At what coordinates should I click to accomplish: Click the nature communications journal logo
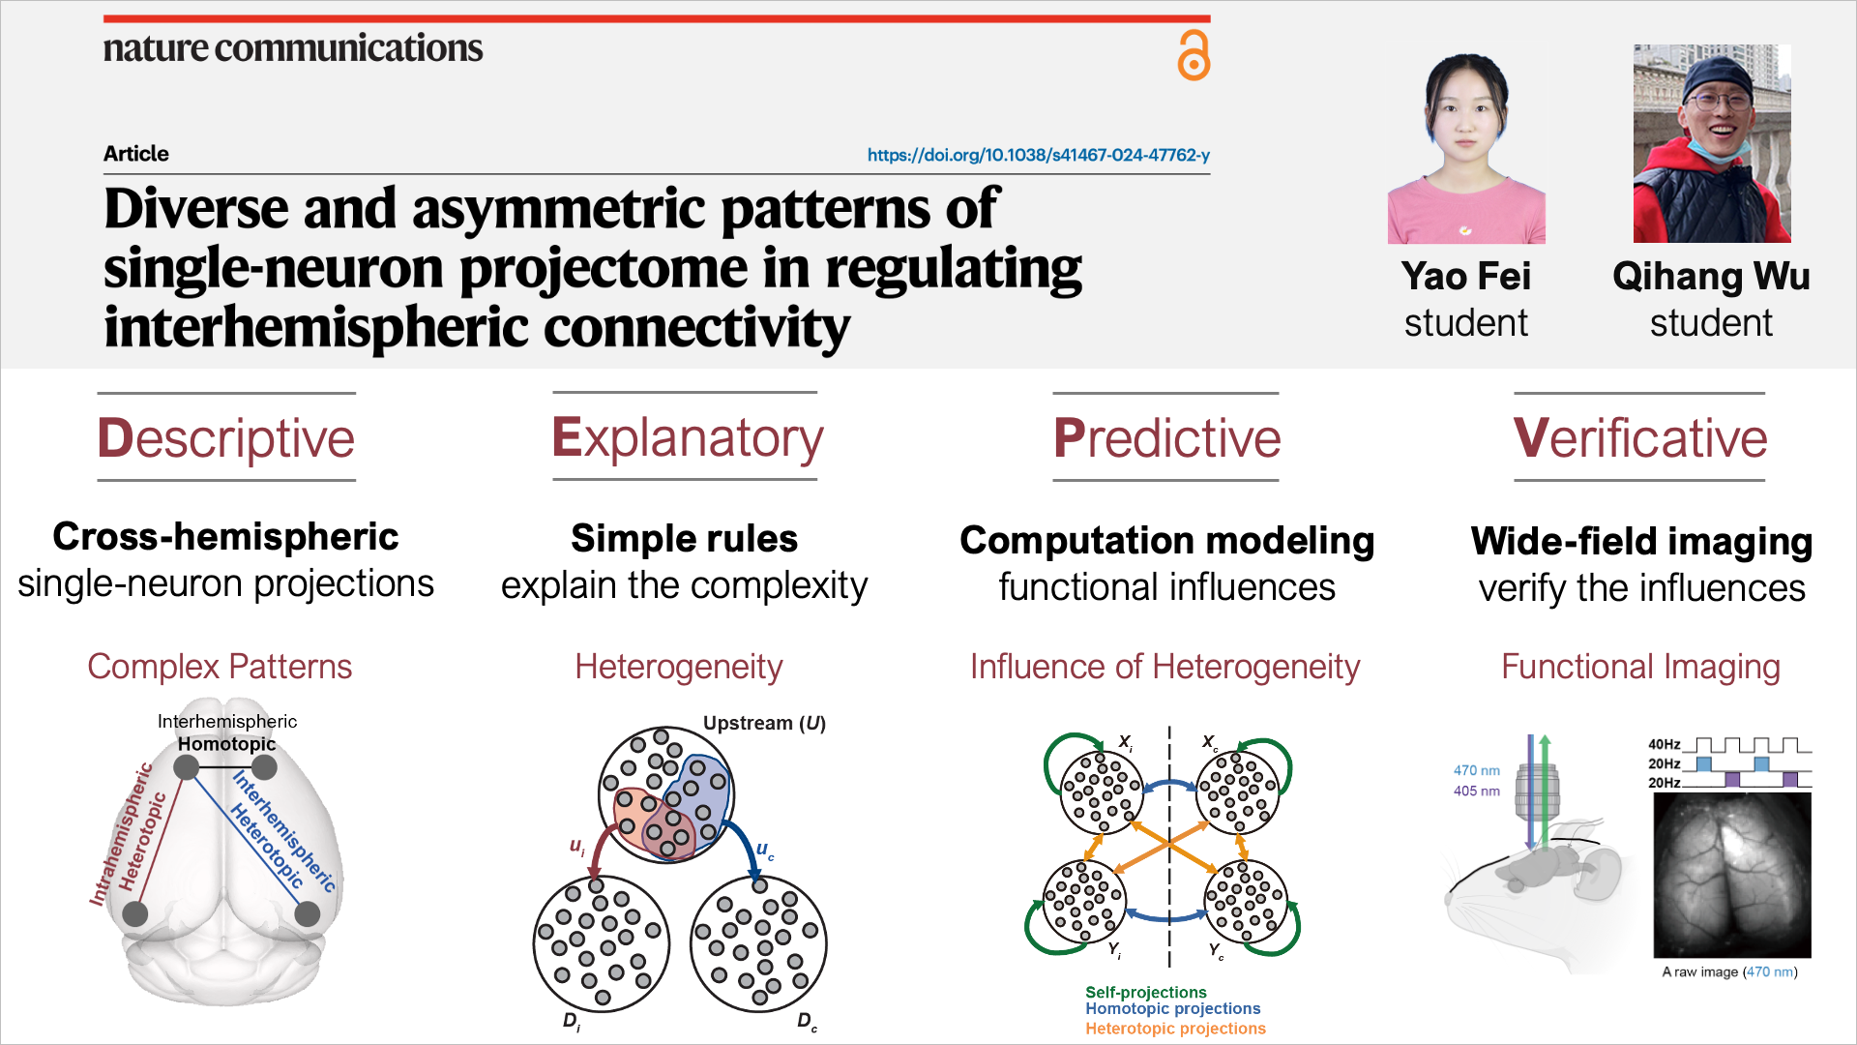[293, 47]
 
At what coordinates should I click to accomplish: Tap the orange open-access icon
[1194, 55]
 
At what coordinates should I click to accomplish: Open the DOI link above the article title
[1038, 155]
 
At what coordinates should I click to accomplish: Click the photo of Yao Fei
[1466, 145]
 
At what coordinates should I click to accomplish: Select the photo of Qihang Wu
[1712, 143]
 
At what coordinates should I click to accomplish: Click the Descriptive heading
[226, 438]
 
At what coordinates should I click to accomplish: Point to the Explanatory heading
[687, 438]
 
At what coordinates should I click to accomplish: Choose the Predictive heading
[1166, 438]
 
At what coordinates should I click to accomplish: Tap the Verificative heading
[1640, 438]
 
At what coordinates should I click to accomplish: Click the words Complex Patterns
[220, 667]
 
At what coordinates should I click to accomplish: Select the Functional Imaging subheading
[1640, 667]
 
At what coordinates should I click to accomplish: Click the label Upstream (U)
[764, 723]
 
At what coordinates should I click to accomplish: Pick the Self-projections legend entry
[1146, 992]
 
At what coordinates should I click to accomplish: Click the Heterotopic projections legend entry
[1175, 1029]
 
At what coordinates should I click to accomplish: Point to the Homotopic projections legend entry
[1173, 1009]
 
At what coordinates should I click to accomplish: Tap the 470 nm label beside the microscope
[1477, 770]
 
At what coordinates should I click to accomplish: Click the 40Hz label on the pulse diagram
[1664, 744]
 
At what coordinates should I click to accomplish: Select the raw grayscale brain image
[1732, 875]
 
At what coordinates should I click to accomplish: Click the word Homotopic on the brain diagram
[226, 743]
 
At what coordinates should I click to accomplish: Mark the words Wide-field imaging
[1641, 542]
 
